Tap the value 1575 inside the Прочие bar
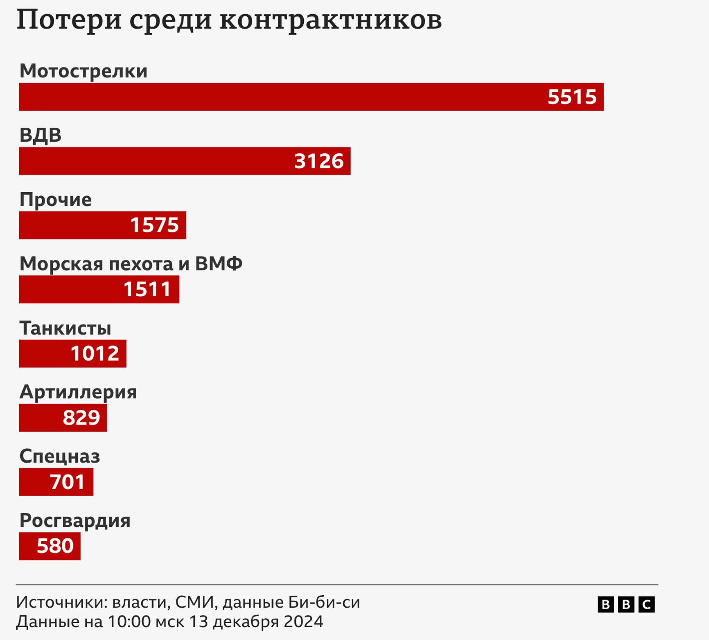point(154,225)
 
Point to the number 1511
point(147,289)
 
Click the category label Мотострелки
point(84,71)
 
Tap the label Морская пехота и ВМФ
point(131,263)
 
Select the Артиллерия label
point(78,392)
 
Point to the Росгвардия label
point(75,520)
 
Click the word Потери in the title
point(69,20)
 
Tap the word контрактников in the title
point(331,20)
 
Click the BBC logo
point(626,604)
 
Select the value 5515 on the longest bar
point(572,97)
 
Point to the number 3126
point(319,161)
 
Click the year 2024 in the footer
point(303,622)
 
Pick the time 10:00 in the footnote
point(129,622)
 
